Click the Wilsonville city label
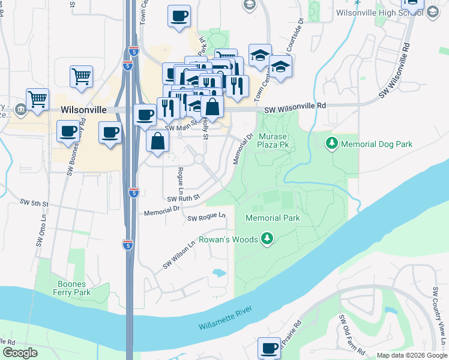pyautogui.click(x=83, y=110)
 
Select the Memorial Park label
pyautogui.click(x=273, y=218)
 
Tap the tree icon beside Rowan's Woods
pyautogui.click(x=268, y=240)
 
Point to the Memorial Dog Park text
pyautogui.click(x=376, y=144)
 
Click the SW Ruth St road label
pyautogui.click(x=182, y=197)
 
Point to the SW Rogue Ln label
pyautogui.click(x=206, y=217)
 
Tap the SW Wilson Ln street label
pyautogui.click(x=179, y=256)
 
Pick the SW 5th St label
pyautogui.click(x=34, y=203)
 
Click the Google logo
pyautogui.click(x=20, y=353)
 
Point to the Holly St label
pyautogui.click(x=205, y=128)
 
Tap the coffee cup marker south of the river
pyautogui.click(x=269, y=348)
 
